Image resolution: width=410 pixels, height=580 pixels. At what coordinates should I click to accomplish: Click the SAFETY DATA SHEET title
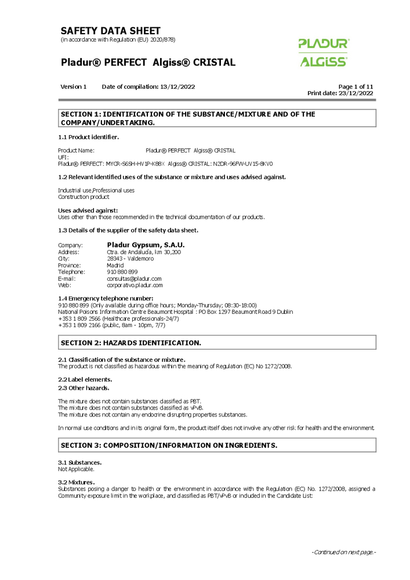[110, 31]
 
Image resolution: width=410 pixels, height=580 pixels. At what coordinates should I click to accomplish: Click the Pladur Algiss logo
[324, 52]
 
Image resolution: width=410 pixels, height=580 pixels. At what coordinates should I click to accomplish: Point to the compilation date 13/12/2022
[177, 87]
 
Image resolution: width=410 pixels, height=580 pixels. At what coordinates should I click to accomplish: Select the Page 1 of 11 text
[355, 87]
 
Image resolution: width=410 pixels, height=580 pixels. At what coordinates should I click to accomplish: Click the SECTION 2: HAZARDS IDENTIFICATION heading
[131, 343]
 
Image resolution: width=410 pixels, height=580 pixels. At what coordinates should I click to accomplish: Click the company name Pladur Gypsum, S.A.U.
[146, 245]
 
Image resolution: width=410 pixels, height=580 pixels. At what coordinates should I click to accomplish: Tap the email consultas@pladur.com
[134, 278]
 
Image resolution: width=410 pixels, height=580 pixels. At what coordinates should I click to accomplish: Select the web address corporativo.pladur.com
[135, 285]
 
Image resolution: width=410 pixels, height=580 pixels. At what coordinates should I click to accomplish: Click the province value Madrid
[115, 265]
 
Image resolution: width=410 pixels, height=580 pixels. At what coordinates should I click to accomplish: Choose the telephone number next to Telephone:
[122, 272]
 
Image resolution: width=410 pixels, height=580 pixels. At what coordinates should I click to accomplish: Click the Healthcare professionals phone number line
[118, 318]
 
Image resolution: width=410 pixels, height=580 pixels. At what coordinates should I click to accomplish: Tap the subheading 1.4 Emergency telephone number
[106, 298]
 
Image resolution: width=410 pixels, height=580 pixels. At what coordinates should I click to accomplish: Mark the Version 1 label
[73, 87]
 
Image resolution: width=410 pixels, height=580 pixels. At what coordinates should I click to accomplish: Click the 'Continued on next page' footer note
[343, 552]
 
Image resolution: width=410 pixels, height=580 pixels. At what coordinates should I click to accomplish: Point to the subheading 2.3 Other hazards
[84, 387]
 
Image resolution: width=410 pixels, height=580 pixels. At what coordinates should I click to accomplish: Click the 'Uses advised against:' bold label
[88, 210]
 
